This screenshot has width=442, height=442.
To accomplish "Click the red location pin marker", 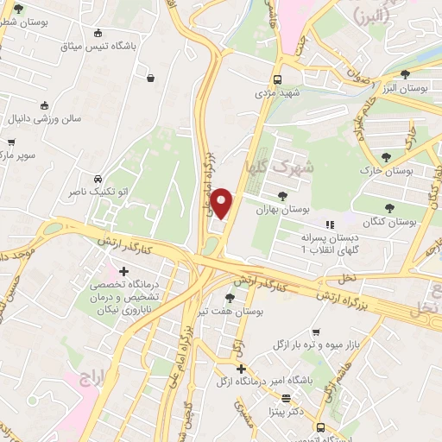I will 223,203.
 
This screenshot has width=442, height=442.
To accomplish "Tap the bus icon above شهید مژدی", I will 277,75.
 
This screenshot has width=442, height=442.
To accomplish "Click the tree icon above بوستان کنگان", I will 389,207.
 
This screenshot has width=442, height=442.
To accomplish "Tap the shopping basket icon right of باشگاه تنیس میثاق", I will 151,79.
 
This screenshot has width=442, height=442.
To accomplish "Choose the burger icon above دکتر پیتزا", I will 286,399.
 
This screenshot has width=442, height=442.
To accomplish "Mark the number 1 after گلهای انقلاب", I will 302,249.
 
